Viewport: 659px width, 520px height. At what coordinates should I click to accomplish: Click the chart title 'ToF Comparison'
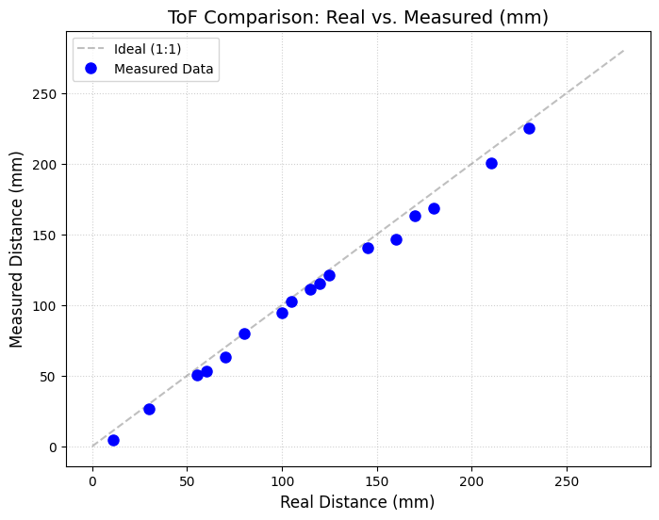coord(357,18)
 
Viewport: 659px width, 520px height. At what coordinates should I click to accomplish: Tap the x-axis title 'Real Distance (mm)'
coord(357,503)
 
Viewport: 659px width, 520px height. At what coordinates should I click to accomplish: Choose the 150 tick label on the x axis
coord(377,481)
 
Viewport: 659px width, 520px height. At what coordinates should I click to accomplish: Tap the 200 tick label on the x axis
coord(471,481)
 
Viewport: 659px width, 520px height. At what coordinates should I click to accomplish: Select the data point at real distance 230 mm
coord(529,128)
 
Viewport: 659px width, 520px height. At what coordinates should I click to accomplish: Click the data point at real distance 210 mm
coord(491,163)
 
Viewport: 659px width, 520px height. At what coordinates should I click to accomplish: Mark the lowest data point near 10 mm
coord(113,440)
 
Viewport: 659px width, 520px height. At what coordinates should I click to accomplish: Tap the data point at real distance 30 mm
coord(149,409)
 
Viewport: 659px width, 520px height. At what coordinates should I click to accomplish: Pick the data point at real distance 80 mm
coord(244,333)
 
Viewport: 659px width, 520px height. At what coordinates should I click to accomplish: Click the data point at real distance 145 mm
coord(368,248)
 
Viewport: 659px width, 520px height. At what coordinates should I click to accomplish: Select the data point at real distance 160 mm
coord(396,239)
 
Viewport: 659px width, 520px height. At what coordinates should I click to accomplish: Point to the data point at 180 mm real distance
coord(434,208)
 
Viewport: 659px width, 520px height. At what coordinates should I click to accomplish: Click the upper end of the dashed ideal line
coord(623,51)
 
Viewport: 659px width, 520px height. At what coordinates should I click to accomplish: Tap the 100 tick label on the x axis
coord(282,481)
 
